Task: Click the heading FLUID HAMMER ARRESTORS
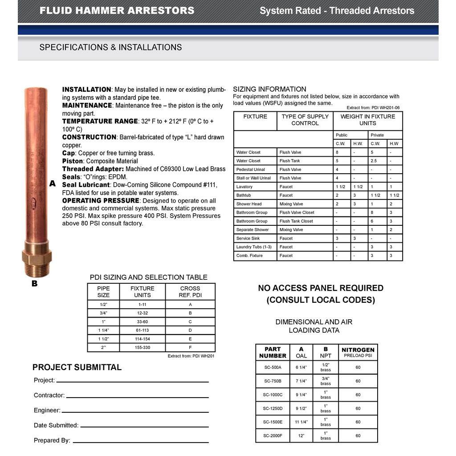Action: click(x=117, y=11)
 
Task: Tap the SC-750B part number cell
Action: click(x=273, y=381)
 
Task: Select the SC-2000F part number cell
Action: click(x=273, y=436)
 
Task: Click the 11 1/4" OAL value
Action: click(x=301, y=422)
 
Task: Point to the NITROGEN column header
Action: click(x=358, y=350)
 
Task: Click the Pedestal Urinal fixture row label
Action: click(x=251, y=170)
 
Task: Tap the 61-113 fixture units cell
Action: click(x=142, y=330)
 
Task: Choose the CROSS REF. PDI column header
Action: click(x=190, y=292)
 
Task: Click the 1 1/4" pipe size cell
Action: click(x=103, y=330)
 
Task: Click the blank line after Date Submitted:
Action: click(x=144, y=427)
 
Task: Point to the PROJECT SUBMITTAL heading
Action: click(x=77, y=367)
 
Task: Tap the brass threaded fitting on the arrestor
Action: click(x=37, y=259)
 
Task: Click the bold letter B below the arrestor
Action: click(x=34, y=283)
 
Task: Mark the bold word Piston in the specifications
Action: click(x=73, y=161)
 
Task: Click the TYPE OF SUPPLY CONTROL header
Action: click(x=305, y=120)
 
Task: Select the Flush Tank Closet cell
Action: click(x=297, y=221)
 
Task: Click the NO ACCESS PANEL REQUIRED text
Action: click(x=321, y=288)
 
